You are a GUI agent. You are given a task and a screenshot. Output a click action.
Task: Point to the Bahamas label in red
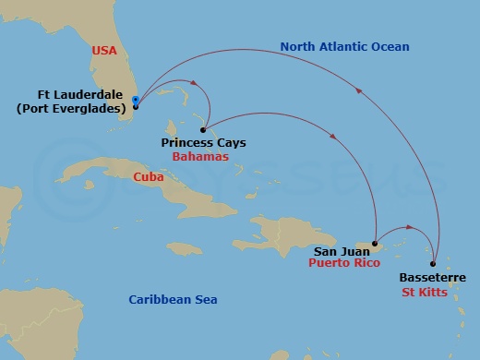click(x=195, y=157)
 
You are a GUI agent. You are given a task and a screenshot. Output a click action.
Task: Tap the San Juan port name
click(x=339, y=250)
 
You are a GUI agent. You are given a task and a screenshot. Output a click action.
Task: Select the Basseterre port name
click(x=433, y=278)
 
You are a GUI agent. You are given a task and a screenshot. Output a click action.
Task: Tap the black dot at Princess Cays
click(x=202, y=130)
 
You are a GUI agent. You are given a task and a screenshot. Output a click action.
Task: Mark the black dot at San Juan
click(x=375, y=245)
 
